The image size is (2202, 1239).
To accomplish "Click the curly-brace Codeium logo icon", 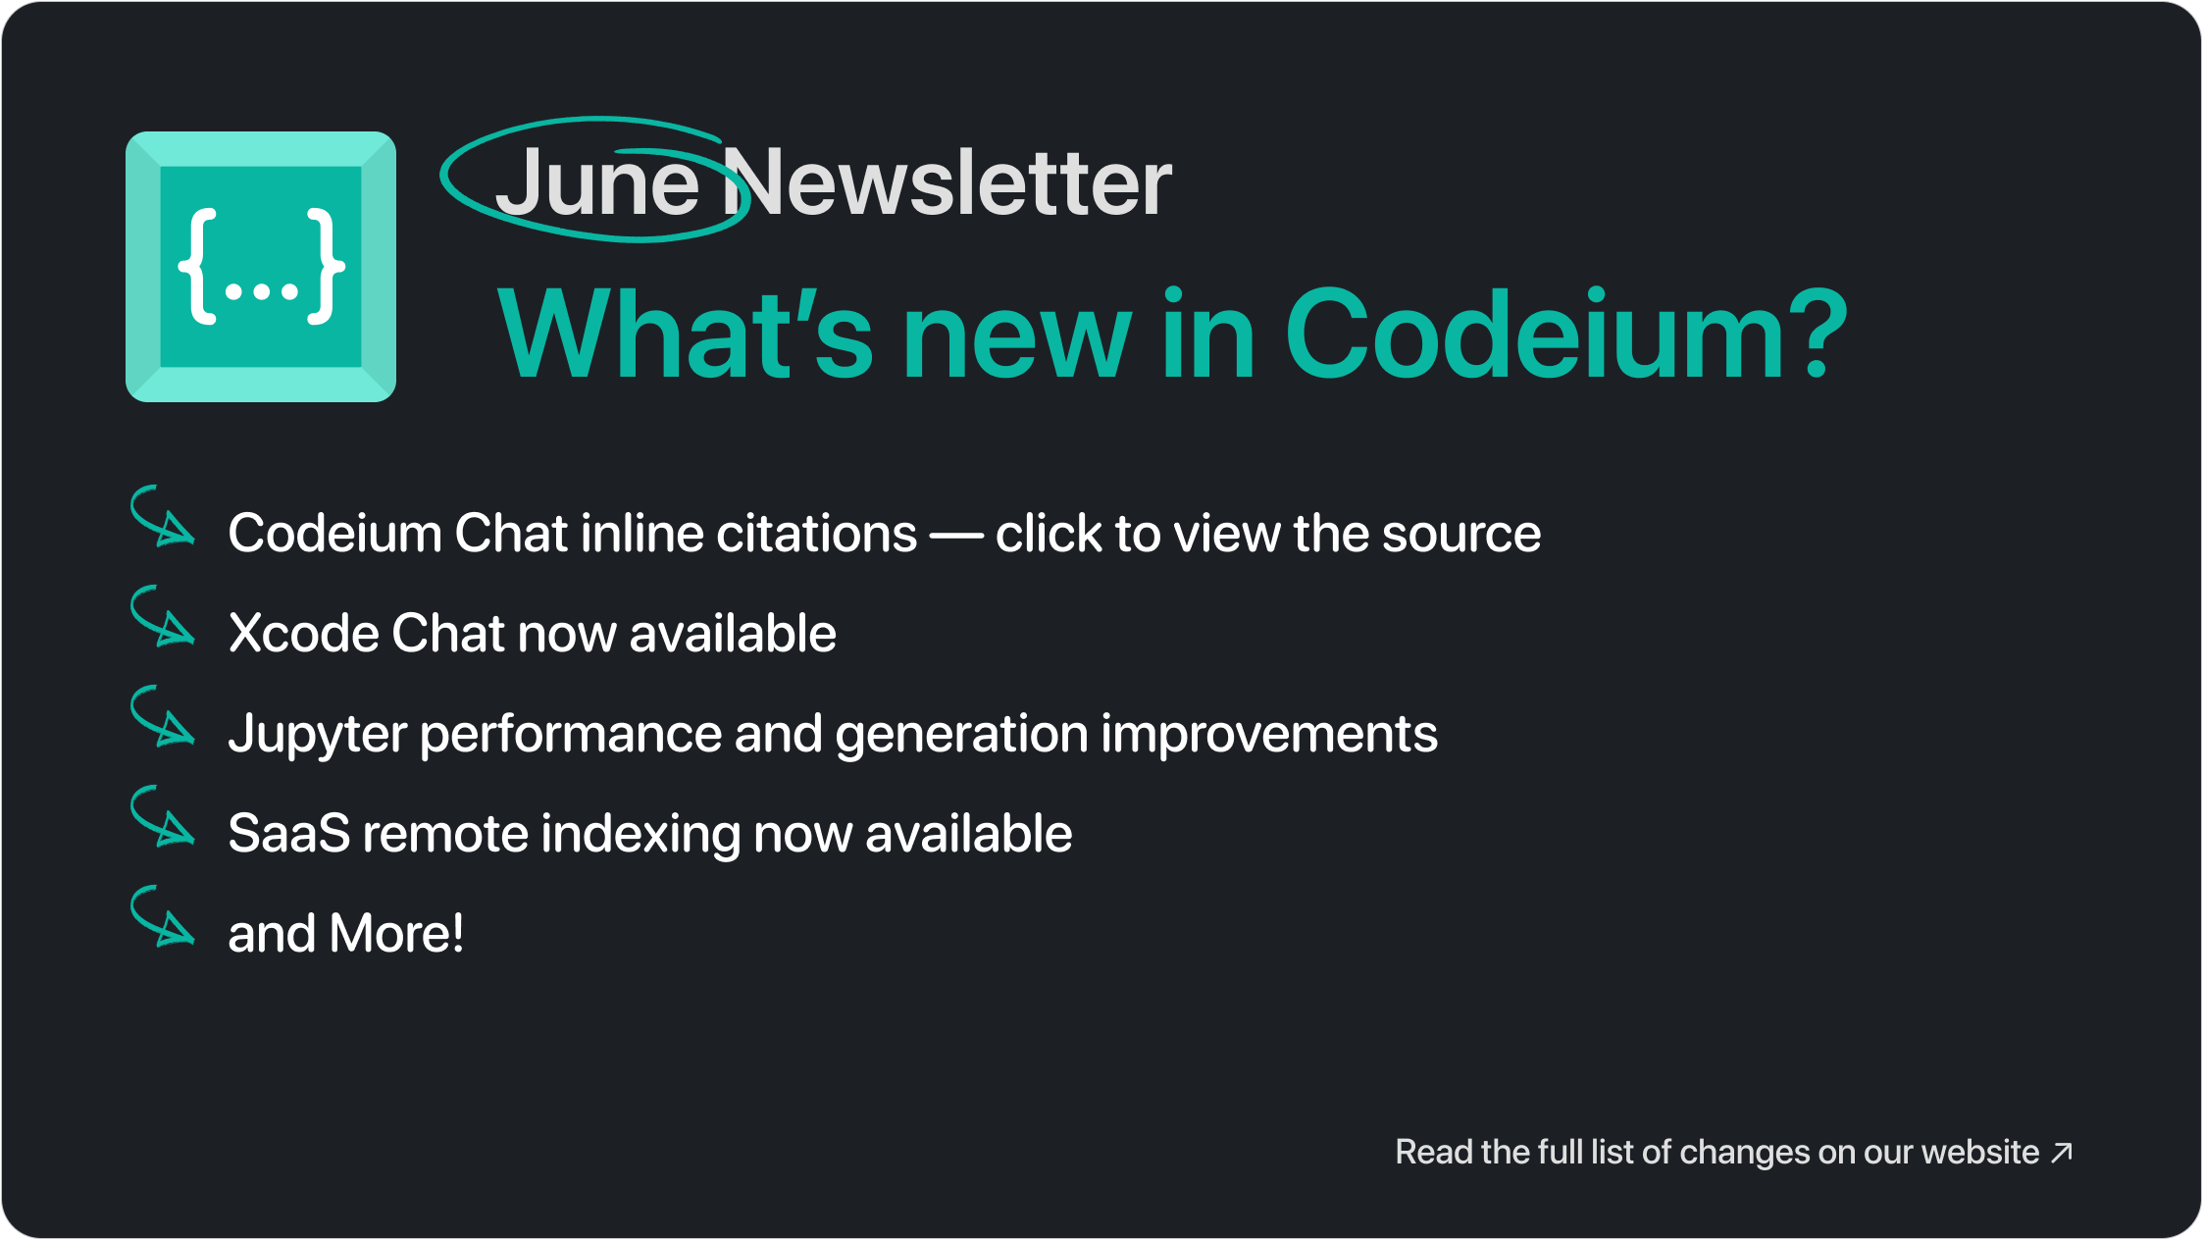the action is coord(261,267).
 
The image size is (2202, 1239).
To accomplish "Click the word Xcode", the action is coord(304,633).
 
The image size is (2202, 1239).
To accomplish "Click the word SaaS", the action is coord(289,834).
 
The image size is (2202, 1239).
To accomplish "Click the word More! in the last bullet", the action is coord(396,933).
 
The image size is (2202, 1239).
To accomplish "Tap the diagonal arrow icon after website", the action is coord(2062,1152).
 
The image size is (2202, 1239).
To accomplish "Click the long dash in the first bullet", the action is coord(956,536).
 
